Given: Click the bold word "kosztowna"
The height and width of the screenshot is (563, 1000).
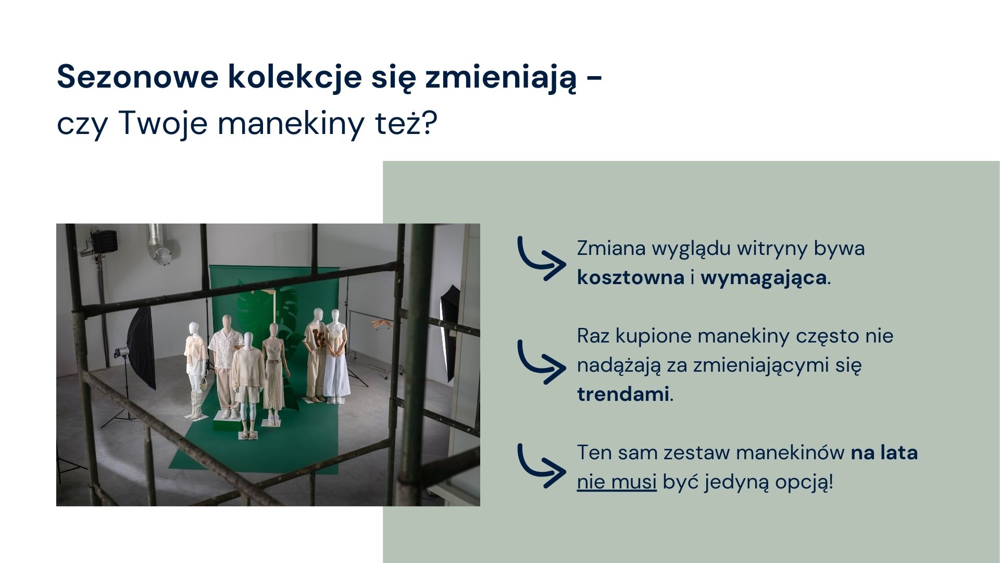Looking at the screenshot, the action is pyautogui.click(x=630, y=277).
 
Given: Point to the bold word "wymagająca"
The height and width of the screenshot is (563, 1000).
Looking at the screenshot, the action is pyautogui.click(x=763, y=278).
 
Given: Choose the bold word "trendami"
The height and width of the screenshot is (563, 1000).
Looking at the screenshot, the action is pyautogui.click(x=622, y=395).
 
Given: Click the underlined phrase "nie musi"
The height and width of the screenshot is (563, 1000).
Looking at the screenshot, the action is pyautogui.click(x=617, y=482).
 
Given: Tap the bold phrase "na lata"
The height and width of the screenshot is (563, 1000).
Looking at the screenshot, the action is pyautogui.click(x=884, y=452).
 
